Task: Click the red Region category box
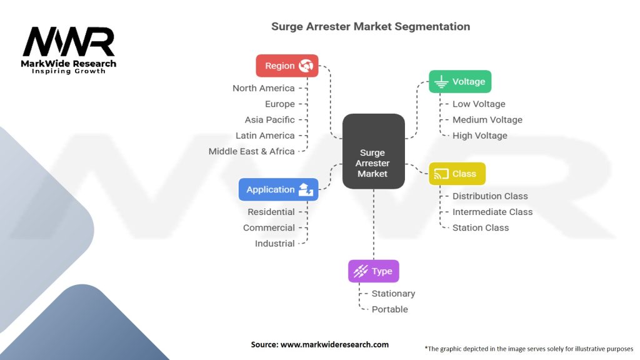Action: point(287,66)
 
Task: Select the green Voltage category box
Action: point(460,82)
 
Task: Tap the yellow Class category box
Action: point(456,174)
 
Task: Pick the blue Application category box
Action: point(278,189)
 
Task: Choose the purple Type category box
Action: point(373,271)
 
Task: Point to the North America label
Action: point(263,88)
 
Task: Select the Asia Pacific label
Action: point(269,119)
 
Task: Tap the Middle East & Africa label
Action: point(251,151)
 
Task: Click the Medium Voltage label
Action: point(487,119)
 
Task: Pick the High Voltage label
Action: point(480,136)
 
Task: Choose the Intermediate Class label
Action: point(492,212)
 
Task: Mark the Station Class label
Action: point(481,227)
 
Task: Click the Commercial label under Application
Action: point(269,227)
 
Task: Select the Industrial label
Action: point(274,244)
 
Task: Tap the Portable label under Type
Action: point(389,309)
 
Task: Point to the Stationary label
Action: point(393,293)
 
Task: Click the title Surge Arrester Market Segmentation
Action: point(370,27)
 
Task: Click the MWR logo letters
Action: point(69,42)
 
